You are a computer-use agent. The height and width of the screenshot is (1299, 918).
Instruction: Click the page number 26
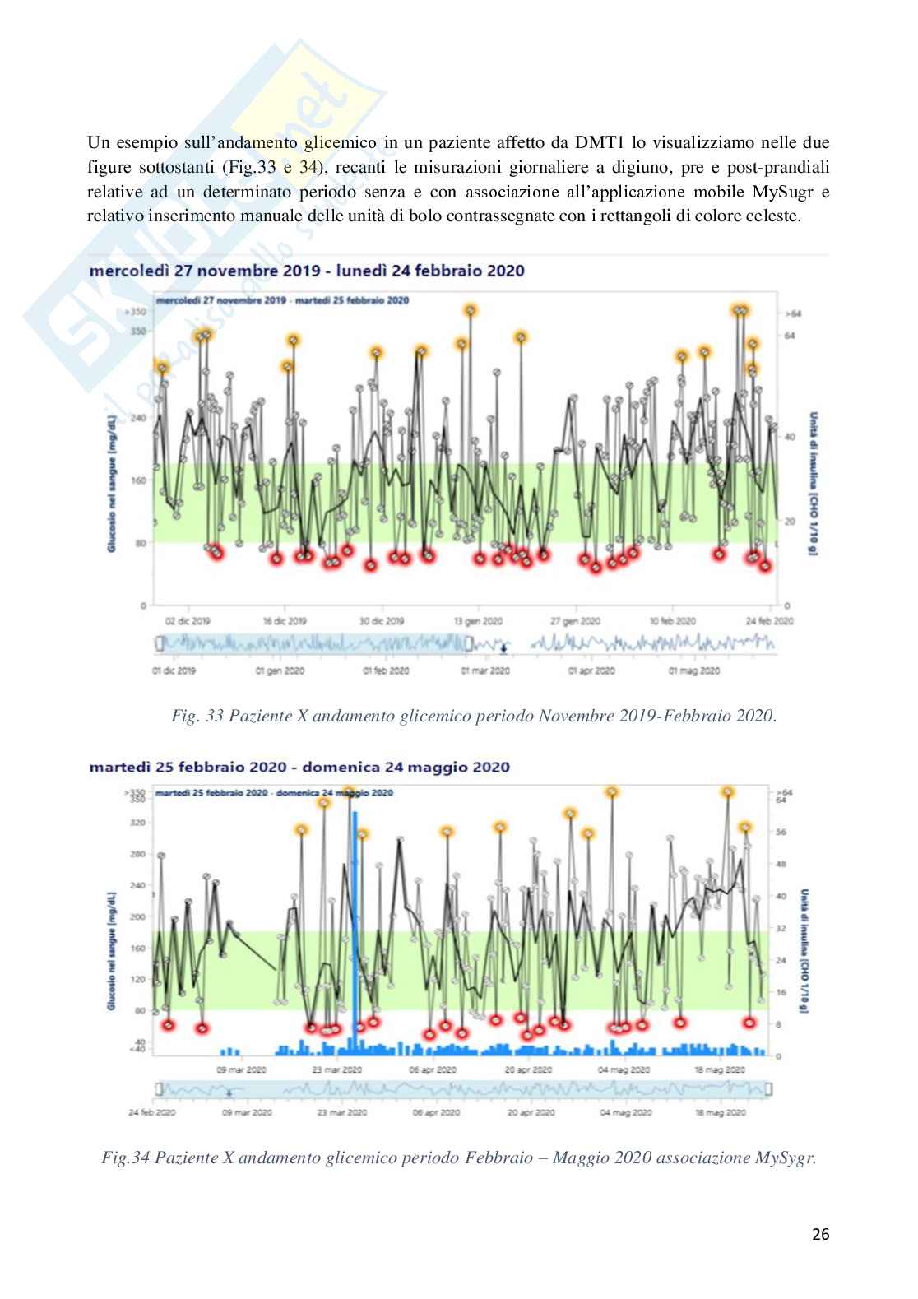(820, 1235)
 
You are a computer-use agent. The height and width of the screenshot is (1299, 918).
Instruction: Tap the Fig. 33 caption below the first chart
(474, 716)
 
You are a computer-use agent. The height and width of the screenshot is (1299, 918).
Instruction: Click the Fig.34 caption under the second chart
(458, 1159)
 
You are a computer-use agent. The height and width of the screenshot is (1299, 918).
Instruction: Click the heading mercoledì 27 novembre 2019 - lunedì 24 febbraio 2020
(306, 270)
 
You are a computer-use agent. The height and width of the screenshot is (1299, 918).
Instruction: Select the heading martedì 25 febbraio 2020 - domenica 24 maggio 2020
(299, 768)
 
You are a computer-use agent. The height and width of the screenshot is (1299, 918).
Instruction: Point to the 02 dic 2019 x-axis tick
(188, 622)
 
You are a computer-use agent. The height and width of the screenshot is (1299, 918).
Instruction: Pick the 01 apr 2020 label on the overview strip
(591, 671)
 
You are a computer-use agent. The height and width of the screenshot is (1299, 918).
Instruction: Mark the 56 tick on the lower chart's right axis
(781, 832)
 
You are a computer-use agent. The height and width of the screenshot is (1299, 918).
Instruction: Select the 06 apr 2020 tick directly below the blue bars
(433, 1070)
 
